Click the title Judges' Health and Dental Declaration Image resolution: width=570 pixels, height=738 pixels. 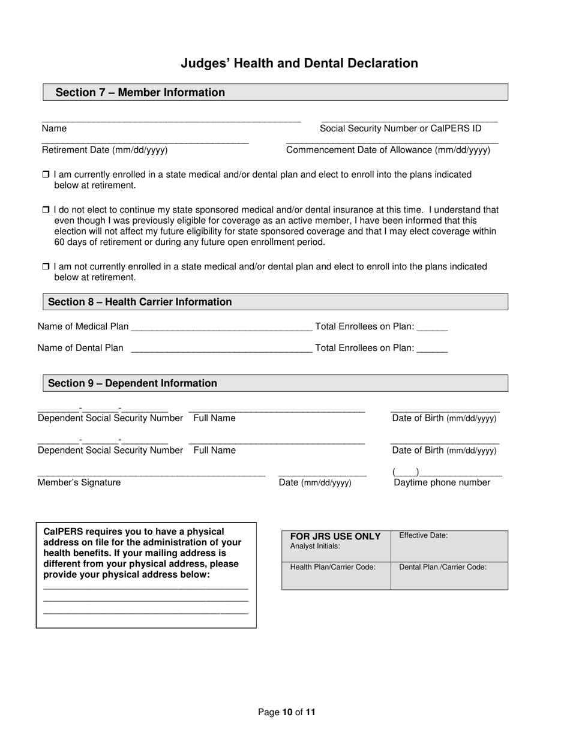coord(299,64)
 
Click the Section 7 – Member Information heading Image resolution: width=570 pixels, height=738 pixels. coord(140,92)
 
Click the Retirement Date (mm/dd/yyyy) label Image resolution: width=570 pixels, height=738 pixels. coord(105,150)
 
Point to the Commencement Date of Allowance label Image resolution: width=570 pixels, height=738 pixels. coord(388,150)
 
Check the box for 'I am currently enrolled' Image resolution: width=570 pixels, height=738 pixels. coord(46,175)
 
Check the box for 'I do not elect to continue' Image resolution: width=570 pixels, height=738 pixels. coord(46,210)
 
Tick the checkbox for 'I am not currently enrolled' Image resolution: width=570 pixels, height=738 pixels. coord(46,266)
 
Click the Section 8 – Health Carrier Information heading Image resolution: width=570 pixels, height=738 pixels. coord(140,302)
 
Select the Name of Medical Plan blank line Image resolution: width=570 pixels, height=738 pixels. coord(221,327)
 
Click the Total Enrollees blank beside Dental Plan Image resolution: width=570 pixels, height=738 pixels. coord(432,349)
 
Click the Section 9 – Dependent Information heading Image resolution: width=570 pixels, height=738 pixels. coord(133,383)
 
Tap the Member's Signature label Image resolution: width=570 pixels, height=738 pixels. coord(79,482)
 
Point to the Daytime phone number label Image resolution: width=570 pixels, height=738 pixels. coord(442,482)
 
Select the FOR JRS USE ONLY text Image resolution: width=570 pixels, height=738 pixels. coord(335,536)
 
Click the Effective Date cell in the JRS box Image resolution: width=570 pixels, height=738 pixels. coord(449,545)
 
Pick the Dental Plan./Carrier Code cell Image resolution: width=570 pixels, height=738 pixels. coord(449,575)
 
